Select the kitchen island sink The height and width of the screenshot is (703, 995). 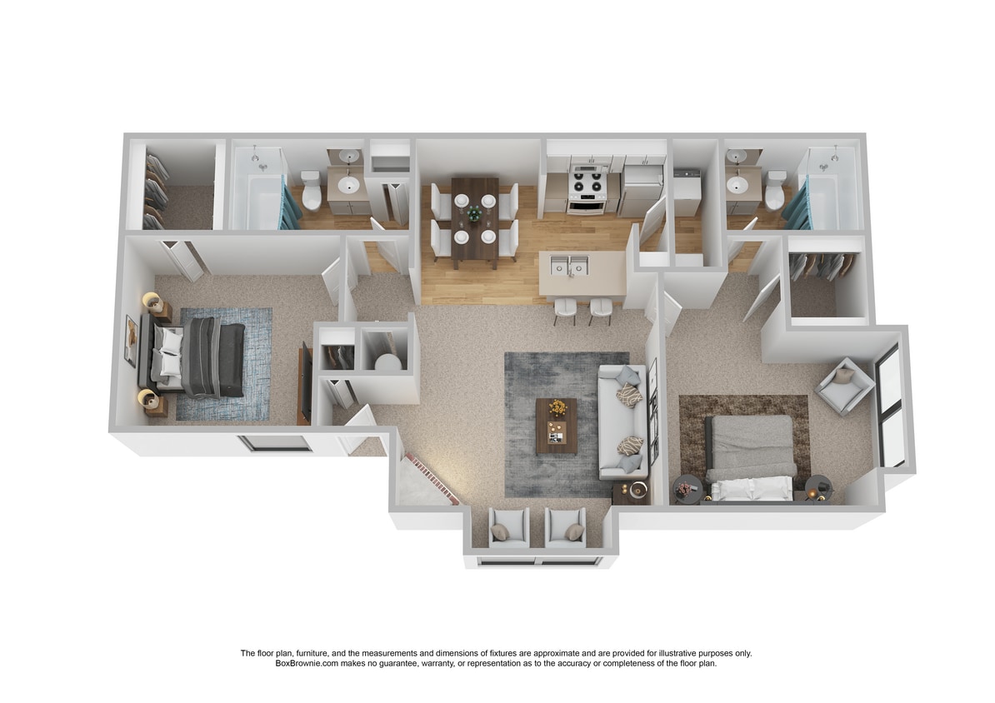click(x=569, y=265)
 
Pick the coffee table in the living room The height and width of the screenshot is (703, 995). click(x=556, y=425)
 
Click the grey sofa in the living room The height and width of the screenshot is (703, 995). click(x=622, y=421)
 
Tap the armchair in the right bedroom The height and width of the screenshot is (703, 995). click(x=844, y=385)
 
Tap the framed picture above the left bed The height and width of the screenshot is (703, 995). click(x=131, y=341)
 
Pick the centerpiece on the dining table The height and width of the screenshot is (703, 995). click(x=474, y=214)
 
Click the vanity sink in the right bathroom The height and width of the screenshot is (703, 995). click(x=737, y=184)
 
